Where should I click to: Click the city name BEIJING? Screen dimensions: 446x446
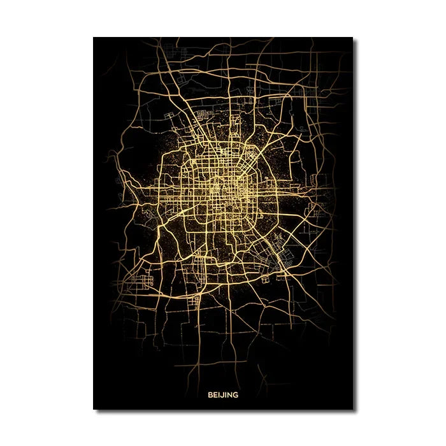click(223, 394)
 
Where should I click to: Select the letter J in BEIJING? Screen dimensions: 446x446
click(221, 394)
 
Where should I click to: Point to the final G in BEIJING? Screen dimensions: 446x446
click(236, 394)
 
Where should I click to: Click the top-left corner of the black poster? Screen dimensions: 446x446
click(94, 37)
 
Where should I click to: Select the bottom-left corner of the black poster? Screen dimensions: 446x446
click(94, 409)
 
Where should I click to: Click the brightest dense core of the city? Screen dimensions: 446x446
click(224, 188)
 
